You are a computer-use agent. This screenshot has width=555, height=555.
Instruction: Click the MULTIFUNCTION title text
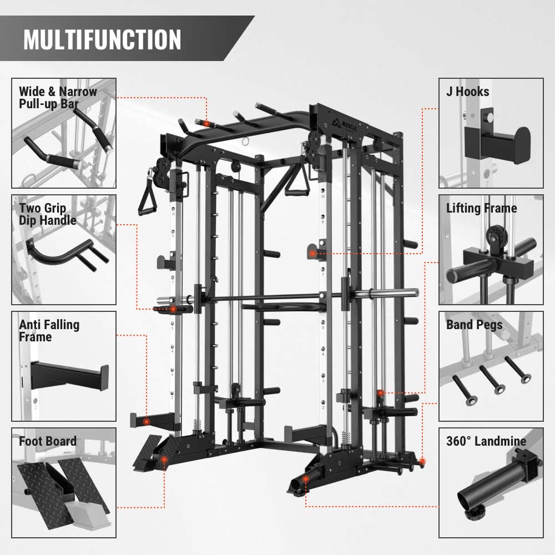(x=102, y=39)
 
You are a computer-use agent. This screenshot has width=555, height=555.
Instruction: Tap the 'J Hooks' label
(x=467, y=92)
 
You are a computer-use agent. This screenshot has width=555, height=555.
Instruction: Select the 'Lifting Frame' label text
(x=481, y=209)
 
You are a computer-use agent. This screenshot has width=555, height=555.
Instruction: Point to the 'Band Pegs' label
(x=475, y=325)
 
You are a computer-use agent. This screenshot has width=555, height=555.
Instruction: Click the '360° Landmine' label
(x=486, y=441)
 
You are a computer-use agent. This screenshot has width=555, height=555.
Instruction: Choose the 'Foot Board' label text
(x=48, y=441)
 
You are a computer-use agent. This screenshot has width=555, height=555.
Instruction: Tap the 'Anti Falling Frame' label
(x=49, y=331)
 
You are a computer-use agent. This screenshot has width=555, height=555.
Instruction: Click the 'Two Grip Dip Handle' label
(x=48, y=214)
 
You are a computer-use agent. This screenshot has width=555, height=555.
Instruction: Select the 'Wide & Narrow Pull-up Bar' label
(x=58, y=98)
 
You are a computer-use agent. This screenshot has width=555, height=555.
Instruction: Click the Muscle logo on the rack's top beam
(x=345, y=124)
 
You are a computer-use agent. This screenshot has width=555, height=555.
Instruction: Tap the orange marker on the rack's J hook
(x=312, y=254)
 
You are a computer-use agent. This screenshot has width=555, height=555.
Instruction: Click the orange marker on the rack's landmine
(x=306, y=480)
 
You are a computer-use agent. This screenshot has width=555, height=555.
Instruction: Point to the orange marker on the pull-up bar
(x=206, y=124)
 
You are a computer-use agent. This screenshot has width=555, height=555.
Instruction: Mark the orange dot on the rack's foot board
(x=164, y=460)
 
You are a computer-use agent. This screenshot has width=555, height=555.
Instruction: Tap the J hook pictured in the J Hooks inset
(x=497, y=141)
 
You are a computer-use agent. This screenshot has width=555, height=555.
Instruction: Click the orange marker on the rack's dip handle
(x=173, y=309)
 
